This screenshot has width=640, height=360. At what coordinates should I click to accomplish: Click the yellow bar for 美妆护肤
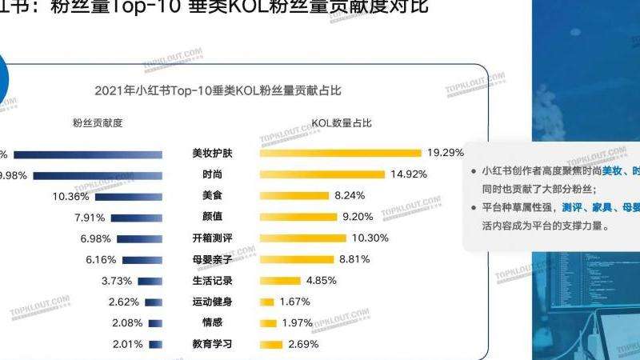coord(340,153)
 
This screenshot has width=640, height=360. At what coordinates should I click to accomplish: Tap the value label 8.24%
coord(350,195)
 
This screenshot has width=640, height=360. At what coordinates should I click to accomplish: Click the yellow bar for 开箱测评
coord(303,238)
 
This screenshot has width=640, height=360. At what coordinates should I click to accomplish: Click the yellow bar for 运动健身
coord(267,302)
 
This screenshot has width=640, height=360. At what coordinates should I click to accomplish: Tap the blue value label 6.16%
coord(101,260)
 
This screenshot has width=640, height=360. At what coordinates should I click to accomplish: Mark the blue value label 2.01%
coord(126,345)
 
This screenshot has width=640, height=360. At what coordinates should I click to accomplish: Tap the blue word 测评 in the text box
coord(572,208)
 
